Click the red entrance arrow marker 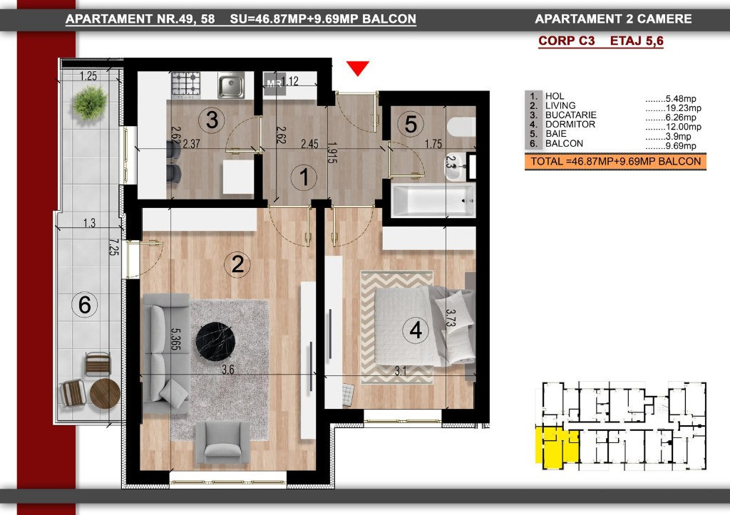(x=358, y=68)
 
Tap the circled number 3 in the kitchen (x=211, y=120)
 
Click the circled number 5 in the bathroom (x=410, y=124)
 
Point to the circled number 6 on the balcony (x=85, y=306)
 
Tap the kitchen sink (x=232, y=86)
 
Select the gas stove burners (x=190, y=85)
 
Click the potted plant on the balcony (x=90, y=103)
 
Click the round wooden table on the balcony (x=105, y=393)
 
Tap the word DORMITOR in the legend (x=570, y=125)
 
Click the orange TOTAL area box (x=615, y=162)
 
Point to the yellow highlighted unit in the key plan (x=553, y=445)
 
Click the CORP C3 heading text (x=567, y=41)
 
